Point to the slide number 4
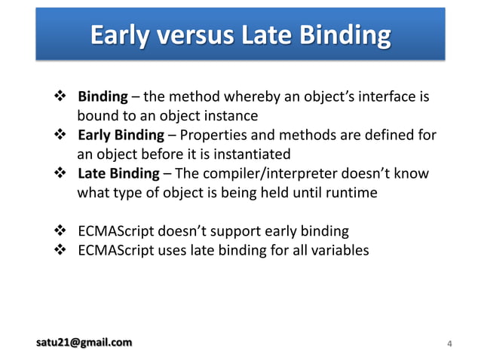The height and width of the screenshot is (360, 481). [449, 345]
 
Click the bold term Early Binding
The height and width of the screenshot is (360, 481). [121, 136]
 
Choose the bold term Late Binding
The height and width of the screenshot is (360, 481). [118, 174]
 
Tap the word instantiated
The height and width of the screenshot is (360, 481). [247, 154]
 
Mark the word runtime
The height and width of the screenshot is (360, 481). [348, 193]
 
